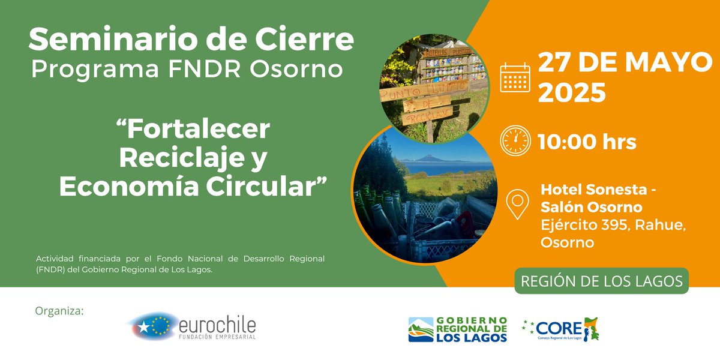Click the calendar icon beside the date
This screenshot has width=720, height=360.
[515, 77]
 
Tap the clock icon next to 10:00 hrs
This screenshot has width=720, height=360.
[515, 142]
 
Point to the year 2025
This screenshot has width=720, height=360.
[571, 94]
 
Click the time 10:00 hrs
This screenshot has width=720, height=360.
[587, 143]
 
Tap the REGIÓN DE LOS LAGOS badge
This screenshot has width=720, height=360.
[601, 281]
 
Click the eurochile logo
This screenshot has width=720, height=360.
[192, 326]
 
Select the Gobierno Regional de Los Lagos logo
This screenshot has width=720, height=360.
[457, 329]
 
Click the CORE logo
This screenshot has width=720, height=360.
[561, 329]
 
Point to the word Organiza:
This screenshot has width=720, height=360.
[60, 311]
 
